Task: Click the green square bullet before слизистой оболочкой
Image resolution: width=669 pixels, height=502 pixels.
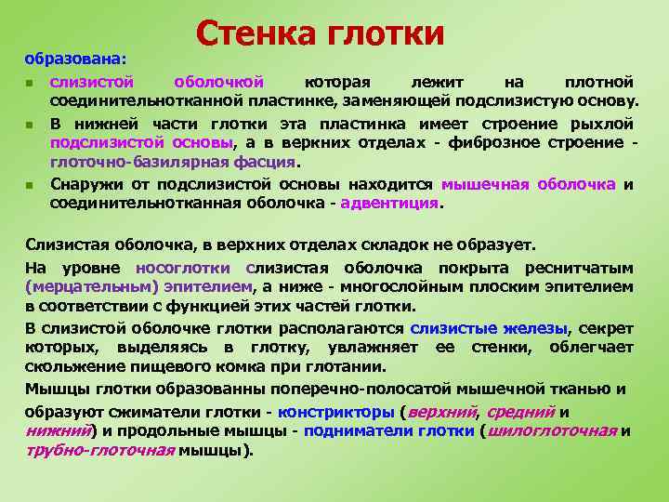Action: pyautogui.click(x=30, y=84)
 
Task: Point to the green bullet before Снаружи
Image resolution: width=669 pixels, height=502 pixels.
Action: pyautogui.click(x=30, y=185)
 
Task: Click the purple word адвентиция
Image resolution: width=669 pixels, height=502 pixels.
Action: pyautogui.click(x=390, y=204)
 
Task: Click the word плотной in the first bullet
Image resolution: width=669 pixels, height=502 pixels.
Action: pyautogui.click(x=599, y=83)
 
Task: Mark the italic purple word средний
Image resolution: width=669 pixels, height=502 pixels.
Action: pyautogui.click(x=521, y=412)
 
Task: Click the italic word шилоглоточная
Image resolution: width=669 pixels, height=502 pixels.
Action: pyautogui.click(x=552, y=430)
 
